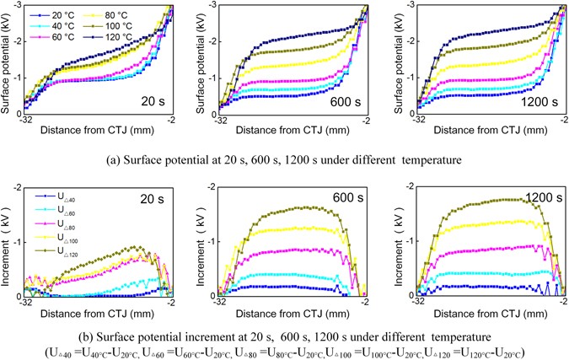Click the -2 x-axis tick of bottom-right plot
coord(556,301)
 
